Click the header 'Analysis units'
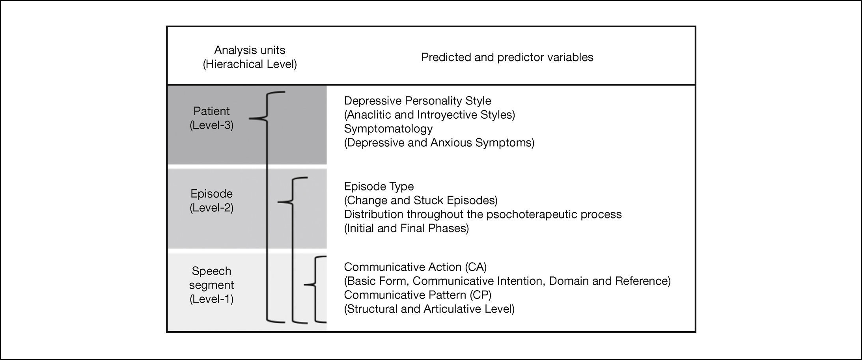point(250,50)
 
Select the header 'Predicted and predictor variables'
point(507,57)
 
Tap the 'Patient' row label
point(211,111)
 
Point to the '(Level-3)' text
point(211,125)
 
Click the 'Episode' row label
point(211,194)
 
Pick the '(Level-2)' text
point(211,208)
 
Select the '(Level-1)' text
point(211,299)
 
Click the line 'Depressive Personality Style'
point(418,101)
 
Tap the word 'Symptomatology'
point(388,129)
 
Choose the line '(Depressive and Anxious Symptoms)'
point(439,142)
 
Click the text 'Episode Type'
point(379,186)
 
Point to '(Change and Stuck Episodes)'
point(421,200)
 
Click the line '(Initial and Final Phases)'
point(407,228)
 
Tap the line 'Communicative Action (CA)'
point(415,267)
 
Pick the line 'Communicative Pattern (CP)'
point(418,295)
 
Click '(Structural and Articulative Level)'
point(429,309)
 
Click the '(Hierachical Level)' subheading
point(250,64)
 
